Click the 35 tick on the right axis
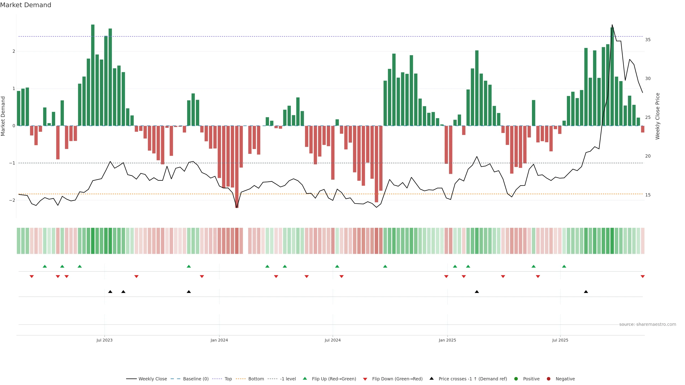pyautogui.click(x=648, y=40)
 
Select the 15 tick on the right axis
pyautogui.click(x=648, y=195)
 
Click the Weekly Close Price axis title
pyautogui.click(x=657, y=116)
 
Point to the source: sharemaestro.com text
pyautogui.click(x=648, y=324)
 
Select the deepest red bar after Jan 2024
pyautogui.click(x=237, y=167)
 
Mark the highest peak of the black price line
pyautogui.click(x=612, y=25)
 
